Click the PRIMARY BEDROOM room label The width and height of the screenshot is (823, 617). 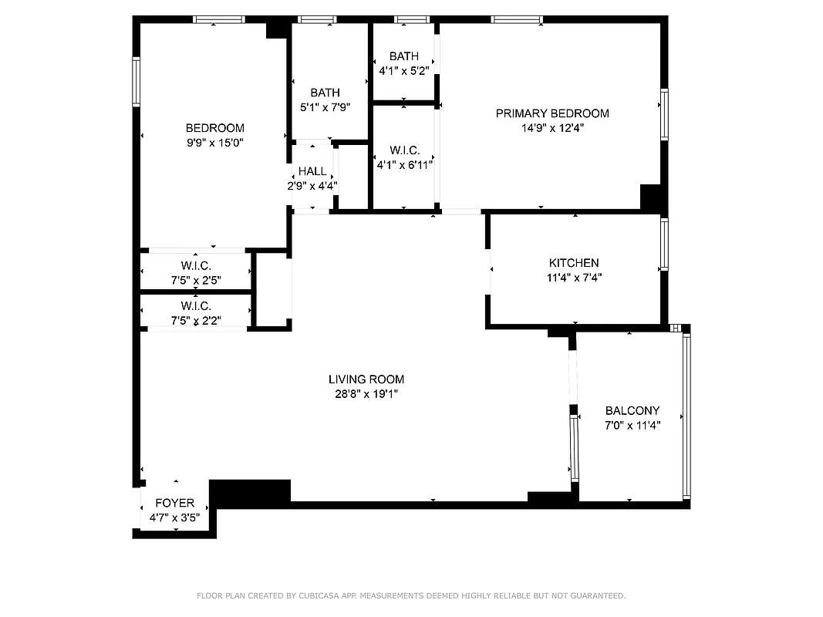pyautogui.click(x=551, y=113)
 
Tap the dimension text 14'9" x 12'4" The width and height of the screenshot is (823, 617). pyautogui.click(x=551, y=128)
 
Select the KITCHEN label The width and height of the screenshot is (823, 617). pyautogui.click(x=573, y=263)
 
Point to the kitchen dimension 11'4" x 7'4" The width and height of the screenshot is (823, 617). pyautogui.click(x=573, y=277)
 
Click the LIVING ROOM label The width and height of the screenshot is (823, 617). pyautogui.click(x=366, y=379)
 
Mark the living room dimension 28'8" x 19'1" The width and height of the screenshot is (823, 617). pyautogui.click(x=366, y=393)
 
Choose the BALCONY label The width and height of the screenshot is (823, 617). pyautogui.click(x=632, y=411)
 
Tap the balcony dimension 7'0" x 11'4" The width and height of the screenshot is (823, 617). pyautogui.click(x=632, y=425)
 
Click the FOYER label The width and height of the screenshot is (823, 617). pyautogui.click(x=174, y=504)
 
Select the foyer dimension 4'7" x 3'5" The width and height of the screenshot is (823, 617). pyautogui.click(x=174, y=518)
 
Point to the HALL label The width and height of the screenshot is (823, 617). pyautogui.click(x=312, y=171)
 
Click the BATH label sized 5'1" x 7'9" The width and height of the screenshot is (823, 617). pyautogui.click(x=325, y=93)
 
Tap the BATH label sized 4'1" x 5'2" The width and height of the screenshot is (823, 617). pyautogui.click(x=403, y=56)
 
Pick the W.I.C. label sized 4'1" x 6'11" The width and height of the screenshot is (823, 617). pyautogui.click(x=404, y=150)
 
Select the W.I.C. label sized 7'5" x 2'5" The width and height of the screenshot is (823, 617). pyautogui.click(x=196, y=266)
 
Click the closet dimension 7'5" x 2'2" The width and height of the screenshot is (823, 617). pyautogui.click(x=196, y=321)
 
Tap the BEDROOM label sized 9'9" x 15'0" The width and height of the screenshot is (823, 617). pyautogui.click(x=214, y=128)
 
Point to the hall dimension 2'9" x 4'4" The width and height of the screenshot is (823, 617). pyautogui.click(x=312, y=185)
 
